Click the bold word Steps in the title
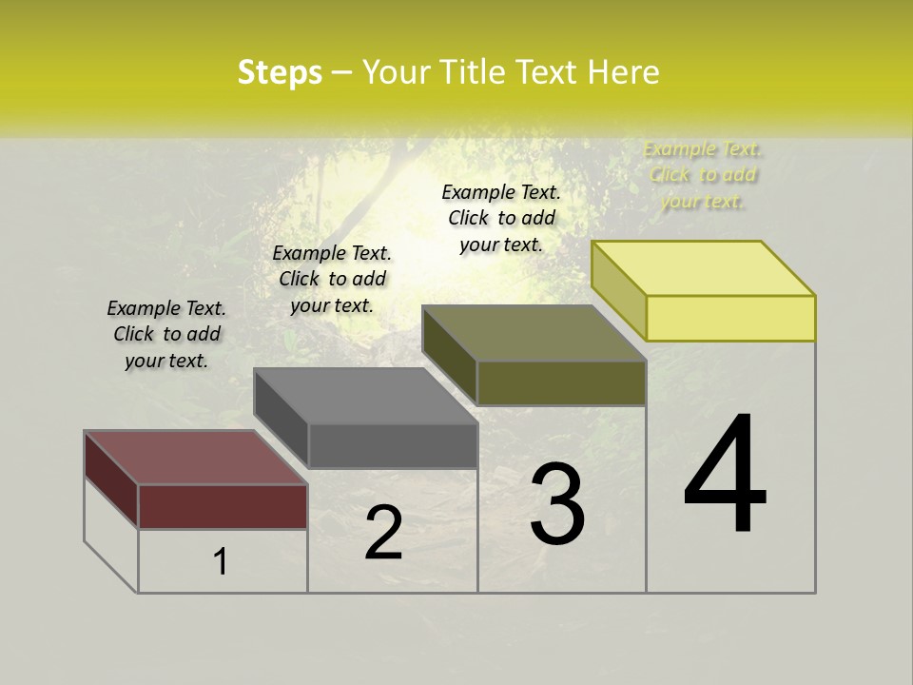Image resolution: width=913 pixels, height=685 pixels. coord(280,72)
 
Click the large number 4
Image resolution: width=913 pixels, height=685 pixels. coord(725,476)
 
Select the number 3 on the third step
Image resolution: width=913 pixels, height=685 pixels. coord(557,504)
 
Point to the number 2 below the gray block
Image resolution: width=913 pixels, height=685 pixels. coord(383,533)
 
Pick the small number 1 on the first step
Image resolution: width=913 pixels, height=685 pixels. coord(221,562)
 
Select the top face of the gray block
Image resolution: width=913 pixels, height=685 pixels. coord(365,396)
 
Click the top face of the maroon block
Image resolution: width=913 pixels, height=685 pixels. coord(195,458)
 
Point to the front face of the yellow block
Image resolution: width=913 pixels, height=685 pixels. coord(730,318)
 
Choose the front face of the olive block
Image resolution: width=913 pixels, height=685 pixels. coord(561,383)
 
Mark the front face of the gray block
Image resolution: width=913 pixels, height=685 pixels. coord(393,445)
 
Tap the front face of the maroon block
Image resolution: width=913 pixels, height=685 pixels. coord(223,506)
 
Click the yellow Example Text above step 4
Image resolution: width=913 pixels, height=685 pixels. coord(703,175)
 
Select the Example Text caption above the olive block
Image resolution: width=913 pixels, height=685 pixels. coord(501,218)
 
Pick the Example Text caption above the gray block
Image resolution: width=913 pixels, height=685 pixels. coord(332,279)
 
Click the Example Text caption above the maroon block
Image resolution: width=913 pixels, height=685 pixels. coord(166,334)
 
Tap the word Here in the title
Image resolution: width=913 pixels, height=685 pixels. coord(624,72)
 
